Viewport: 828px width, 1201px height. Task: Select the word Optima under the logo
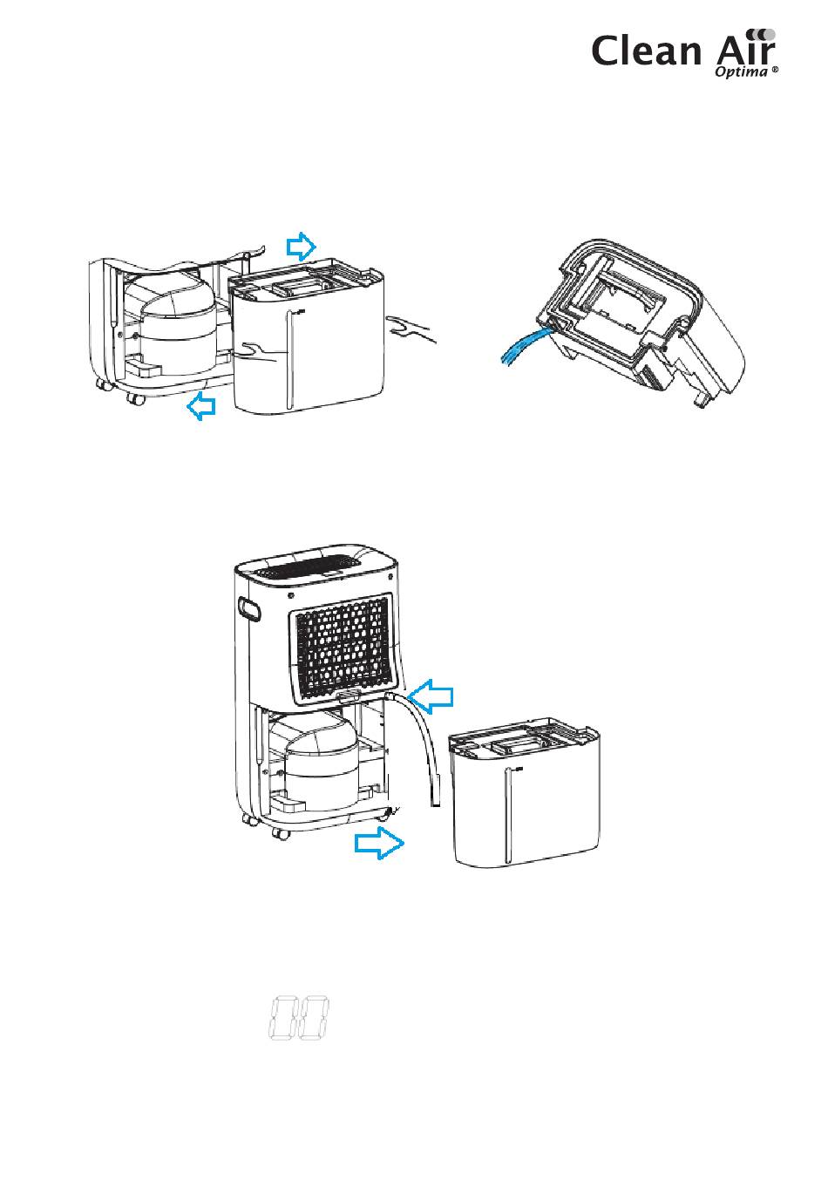point(740,74)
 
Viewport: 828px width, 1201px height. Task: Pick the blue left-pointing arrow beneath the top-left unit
point(203,404)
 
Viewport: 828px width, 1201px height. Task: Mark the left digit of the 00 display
point(282,1017)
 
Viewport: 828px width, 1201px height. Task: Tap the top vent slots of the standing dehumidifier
point(313,569)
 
